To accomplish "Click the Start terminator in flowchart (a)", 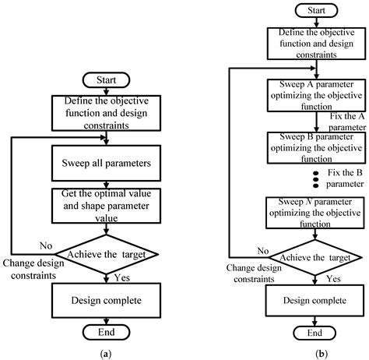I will coord(108,80).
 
